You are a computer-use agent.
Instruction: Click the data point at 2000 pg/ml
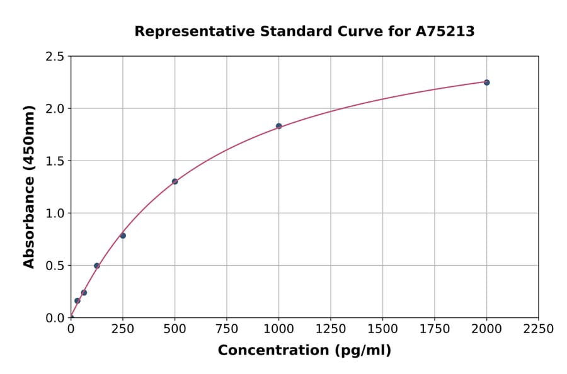pyautogui.click(x=486, y=82)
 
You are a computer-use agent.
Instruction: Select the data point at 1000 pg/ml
pyautogui.click(x=278, y=126)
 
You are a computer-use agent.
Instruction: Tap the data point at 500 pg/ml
pyautogui.click(x=175, y=181)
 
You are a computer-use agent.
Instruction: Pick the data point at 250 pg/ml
pyautogui.click(x=123, y=235)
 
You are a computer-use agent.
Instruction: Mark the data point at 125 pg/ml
pyautogui.click(x=97, y=266)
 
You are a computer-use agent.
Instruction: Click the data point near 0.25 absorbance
pyautogui.click(x=84, y=293)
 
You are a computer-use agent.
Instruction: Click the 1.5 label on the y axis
pyautogui.click(x=55, y=161)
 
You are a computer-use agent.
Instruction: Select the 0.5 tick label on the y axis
pyautogui.click(x=55, y=266)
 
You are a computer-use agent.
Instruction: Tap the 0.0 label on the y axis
pyautogui.click(x=55, y=318)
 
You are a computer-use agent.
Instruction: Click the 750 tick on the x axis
pyautogui.click(x=227, y=329)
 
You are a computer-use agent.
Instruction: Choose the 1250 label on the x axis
pyautogui.click(x=331, y=329)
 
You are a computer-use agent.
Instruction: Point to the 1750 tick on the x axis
pyautogui.click(x=435, y=329)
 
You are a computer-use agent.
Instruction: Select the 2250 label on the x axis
pyautogui.click(x=539, y=329)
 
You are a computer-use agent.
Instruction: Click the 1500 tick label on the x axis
pyautogui.click(x=382, y=329)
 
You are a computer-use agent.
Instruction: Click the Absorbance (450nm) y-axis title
pyautogui.click(x=29, y=186)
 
